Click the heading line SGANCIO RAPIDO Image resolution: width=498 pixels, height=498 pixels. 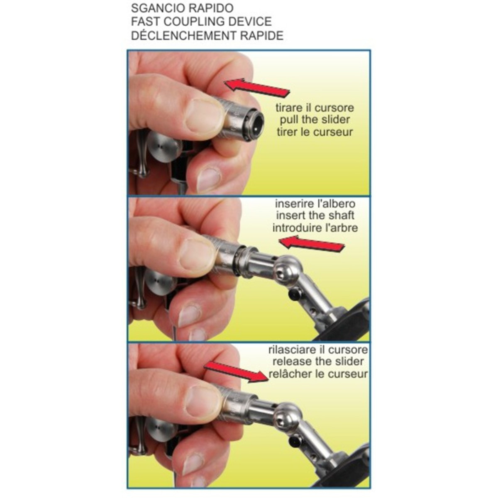182,8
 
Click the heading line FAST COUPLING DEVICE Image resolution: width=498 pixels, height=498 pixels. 201,22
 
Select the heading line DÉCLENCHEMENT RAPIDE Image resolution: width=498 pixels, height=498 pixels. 207,35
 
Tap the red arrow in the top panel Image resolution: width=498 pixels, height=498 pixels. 256,88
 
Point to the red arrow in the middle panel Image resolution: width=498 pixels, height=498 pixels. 311,244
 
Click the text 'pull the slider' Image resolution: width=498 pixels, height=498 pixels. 315,120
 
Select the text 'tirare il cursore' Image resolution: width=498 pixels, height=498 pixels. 315,108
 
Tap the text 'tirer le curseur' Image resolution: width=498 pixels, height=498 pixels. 315,132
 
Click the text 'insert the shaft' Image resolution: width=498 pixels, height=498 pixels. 315,215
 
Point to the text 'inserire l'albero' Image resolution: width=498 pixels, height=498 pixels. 315,204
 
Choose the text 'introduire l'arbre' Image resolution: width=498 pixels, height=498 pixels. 315,228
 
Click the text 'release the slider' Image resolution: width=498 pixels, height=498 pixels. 318,361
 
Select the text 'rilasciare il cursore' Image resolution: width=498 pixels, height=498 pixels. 318,350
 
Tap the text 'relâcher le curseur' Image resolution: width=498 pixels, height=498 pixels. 318,373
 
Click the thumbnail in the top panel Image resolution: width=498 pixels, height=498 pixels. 205,116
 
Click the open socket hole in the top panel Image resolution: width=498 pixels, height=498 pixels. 255,125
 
